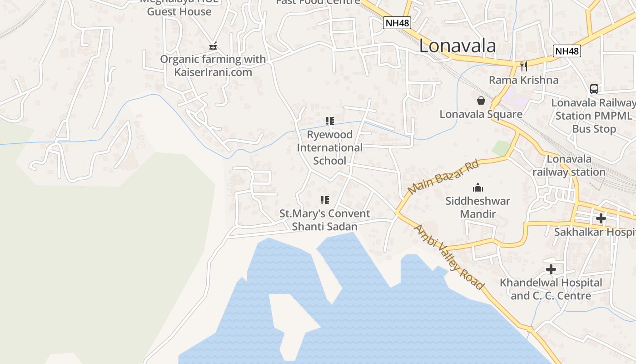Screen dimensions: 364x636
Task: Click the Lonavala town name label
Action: pyautogui.click(x=457, y=46)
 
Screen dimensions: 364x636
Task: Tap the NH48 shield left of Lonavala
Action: pyautogui.click(x=397, y=23)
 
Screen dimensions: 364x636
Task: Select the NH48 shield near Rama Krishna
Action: pyautogui.click(x=566, y=51)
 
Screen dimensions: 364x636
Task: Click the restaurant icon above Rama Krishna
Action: pyautogui.click(x=524, y=66)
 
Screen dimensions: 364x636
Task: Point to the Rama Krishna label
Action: pyautogui.click(x=523, y=80)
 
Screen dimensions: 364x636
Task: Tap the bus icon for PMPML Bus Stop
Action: pyautogui.click(x=594, y=89)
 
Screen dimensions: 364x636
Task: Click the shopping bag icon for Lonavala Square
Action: pyautogui.click(x=481, y=101)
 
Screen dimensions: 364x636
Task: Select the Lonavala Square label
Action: pyautogui.click(x=481, y=114)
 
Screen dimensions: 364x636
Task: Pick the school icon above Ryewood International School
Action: pyautogui.click(x=330, y=121)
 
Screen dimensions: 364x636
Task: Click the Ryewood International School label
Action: pyautogui.click(x=330, y=148)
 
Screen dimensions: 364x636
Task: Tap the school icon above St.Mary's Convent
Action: pyautogui.click(x=324, y=200)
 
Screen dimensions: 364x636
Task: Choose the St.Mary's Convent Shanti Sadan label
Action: pyautogui.click(x=324, y=220)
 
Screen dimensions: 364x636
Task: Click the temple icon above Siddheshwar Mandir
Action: pyautogui.click(x=477, y=187)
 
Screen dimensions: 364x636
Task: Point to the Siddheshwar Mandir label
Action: pyautogui.click(x=477, y=207)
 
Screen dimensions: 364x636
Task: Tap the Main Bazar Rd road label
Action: pyautogui.click(x=443, y=177)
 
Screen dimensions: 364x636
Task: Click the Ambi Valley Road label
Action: pyautogui.click(x=449, y=257)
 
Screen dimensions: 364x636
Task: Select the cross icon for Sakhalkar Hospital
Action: pyautogui.click(x=601, y=218)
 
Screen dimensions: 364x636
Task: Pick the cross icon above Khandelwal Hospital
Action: pyautogui.click(x=551, y=269)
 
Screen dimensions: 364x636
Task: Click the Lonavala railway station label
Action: pyautogui.click(x=569, y=166)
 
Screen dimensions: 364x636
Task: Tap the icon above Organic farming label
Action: pyautogui.click(x=213, y=46)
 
